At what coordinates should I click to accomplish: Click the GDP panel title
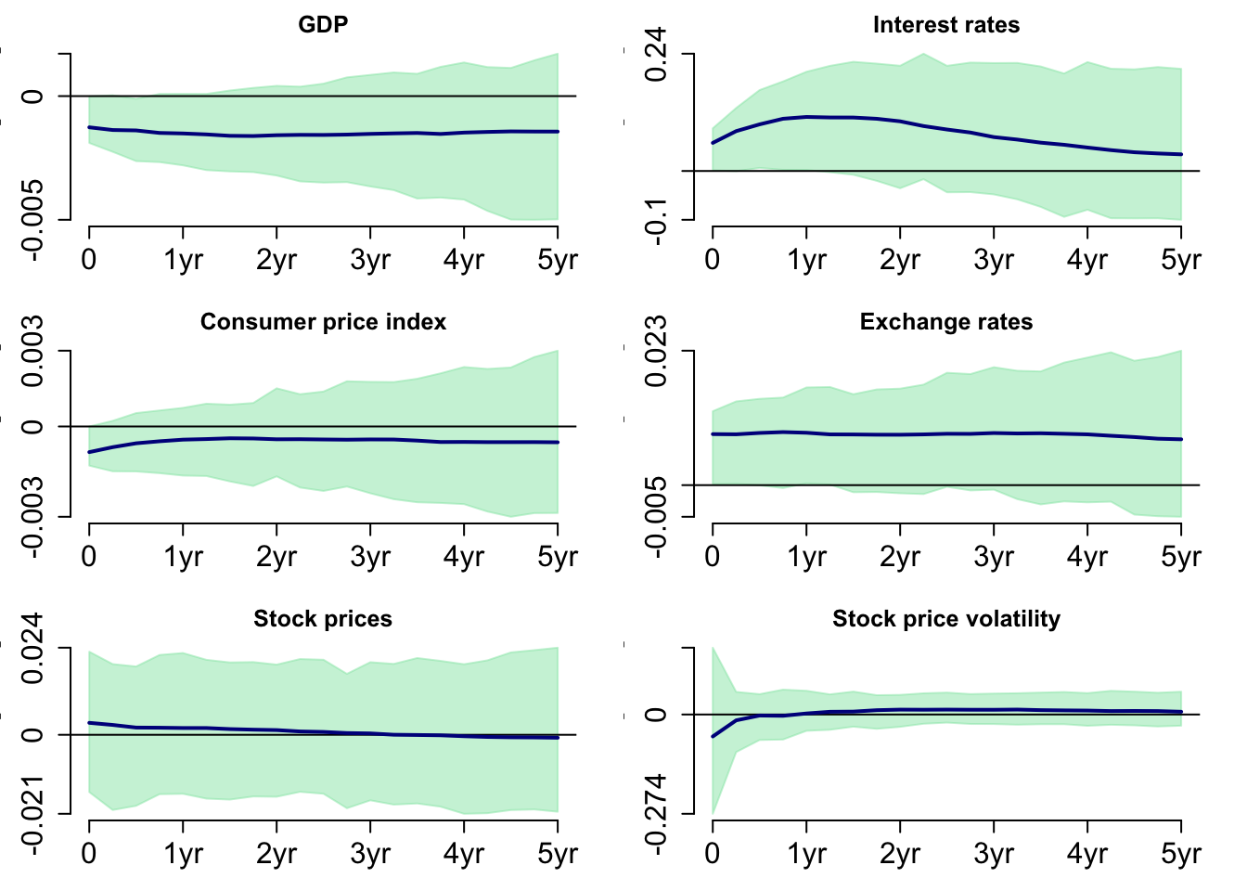point(323,25)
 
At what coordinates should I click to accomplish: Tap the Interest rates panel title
point(945,25)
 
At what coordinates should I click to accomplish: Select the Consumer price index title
point(323,322)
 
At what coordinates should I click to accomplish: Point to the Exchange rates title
point(945,322)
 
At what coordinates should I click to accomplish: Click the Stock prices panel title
point(323,619)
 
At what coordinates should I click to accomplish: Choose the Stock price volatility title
point(945,619)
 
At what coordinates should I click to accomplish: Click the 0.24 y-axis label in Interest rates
point(656,54)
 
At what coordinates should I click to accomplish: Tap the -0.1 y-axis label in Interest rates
point(656,221)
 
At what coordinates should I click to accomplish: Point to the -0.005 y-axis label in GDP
point(32,220)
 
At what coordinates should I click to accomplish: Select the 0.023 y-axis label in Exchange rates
point(656,351)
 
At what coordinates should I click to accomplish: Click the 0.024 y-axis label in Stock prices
point(32,648)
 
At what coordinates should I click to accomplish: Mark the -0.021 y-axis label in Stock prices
point(32,814)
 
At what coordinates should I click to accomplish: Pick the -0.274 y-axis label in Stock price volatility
point(656,814)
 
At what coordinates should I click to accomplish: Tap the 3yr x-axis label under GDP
point(370,260)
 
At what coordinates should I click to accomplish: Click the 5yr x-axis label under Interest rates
point(1180,260)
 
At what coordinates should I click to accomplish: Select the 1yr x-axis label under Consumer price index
point(183,557)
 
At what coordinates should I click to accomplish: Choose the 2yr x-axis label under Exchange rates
point(899,557)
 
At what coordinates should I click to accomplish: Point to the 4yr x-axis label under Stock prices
point(464,854)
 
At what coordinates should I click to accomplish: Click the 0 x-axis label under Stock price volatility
point(713,854)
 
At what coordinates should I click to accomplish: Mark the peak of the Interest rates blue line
point(807,117)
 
